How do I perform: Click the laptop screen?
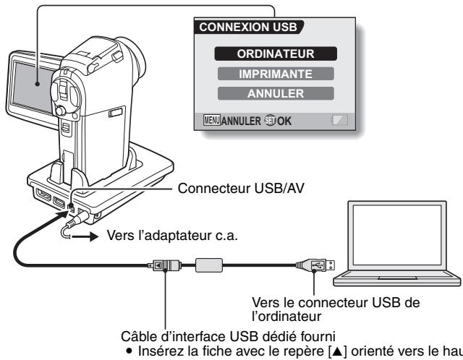coord(397,235)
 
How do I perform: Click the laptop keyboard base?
coord(396,279)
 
